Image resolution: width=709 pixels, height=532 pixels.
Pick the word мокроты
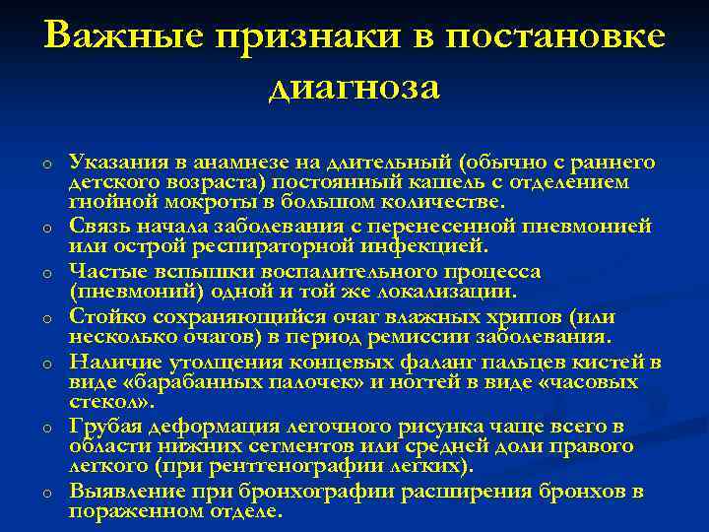[x=189, y=203]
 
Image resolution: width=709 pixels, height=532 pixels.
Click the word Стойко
[x=103, y=317]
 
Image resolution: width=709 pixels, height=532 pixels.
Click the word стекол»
[x=108, y=402]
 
